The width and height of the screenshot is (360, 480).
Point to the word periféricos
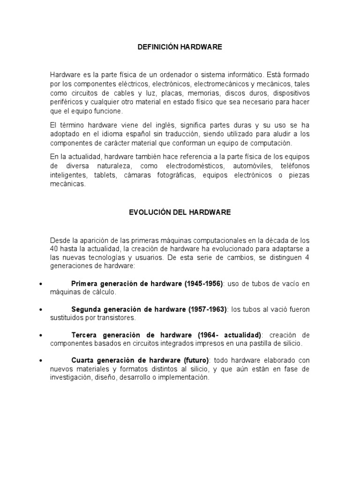click(67, 102)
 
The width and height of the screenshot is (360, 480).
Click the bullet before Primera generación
click(42, 284)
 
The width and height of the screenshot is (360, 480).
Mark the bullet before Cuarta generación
click(42, 361)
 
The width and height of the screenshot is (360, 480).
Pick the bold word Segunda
click(86, 309)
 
